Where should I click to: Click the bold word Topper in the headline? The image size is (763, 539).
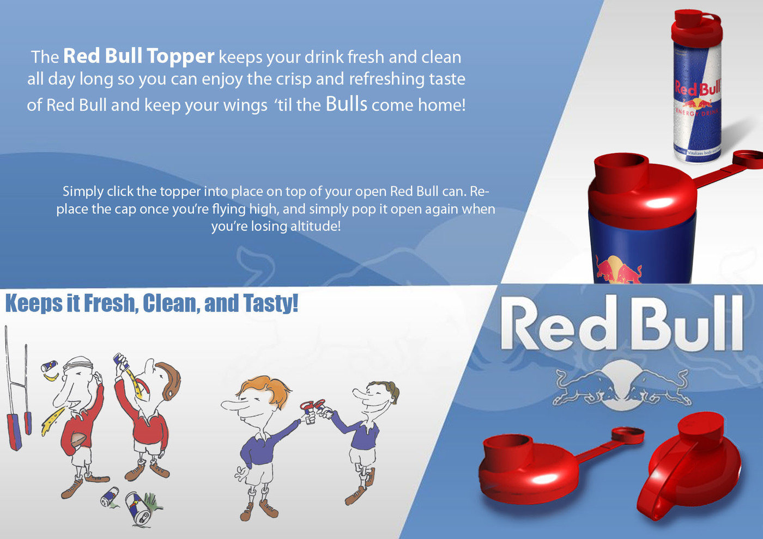pyautogui.click(x=180, y=57)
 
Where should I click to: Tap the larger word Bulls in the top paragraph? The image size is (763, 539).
pyautogui.click(x=347, y=104)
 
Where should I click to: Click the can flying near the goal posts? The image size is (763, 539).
pyautogui.click(x=49, y=366)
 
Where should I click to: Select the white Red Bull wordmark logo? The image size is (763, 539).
pyautogui.click(x=622, y=322)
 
